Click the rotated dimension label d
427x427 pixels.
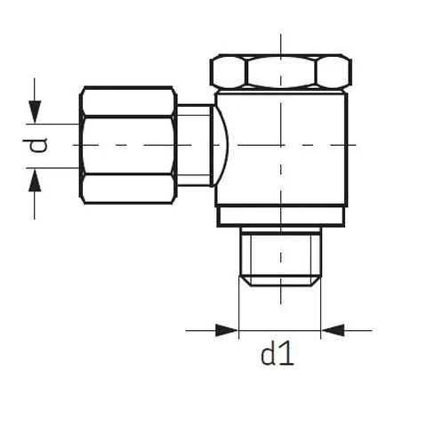(x=35, y=145)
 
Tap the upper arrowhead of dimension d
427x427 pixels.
(x=35, y=112)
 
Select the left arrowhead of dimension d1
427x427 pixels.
(x=227, y=330)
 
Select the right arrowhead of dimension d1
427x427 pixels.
(x=333, y=330)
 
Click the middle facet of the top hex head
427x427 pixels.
(x=281, y=72)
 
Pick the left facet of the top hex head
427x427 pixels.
(x=228, y=72)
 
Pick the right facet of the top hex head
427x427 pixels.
(x=334, y=72)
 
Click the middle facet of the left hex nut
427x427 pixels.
(x=128, y=146)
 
